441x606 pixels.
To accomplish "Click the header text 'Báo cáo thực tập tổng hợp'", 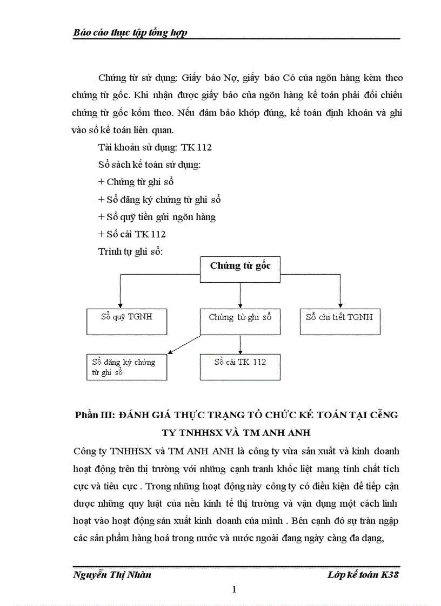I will pyautogui.click(x=130, y=33).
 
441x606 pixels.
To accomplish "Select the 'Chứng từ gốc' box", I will pyautogui.click(x=240, y=269).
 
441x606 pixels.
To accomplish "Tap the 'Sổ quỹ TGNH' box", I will pyautogui.click(x=127, y=321).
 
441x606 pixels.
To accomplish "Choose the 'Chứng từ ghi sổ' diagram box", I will pyautogui.click(x=240, y=322).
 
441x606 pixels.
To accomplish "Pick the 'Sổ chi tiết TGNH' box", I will pyautogui.click(x=339, y=321).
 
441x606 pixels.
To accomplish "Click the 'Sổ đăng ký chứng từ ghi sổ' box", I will pyautogui.click(x=127, y=367).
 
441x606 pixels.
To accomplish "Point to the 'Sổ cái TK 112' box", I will pyautogui.click(x=240, y=366).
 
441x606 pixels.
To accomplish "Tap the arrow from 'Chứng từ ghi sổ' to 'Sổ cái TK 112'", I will pyautogui.click(x=240, y=345).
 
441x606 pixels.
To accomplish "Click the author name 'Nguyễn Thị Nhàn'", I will pyautogui.click(x=112, y=574).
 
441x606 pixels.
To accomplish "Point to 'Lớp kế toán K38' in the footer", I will pyautogui.click(x=363, y=574).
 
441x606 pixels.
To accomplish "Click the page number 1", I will pyautogui.click(x=234, y=589).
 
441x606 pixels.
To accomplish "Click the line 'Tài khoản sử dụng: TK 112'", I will pyautogui.click(x=155, y=147).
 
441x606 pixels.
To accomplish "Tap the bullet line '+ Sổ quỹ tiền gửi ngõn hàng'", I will pyautogui.click(x=157, y=217).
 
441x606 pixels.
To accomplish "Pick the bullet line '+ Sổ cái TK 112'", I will pyautogui.click(x=132, y=234).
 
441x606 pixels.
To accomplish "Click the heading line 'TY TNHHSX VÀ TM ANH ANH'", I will pyautogui.click(x=238, y=433).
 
